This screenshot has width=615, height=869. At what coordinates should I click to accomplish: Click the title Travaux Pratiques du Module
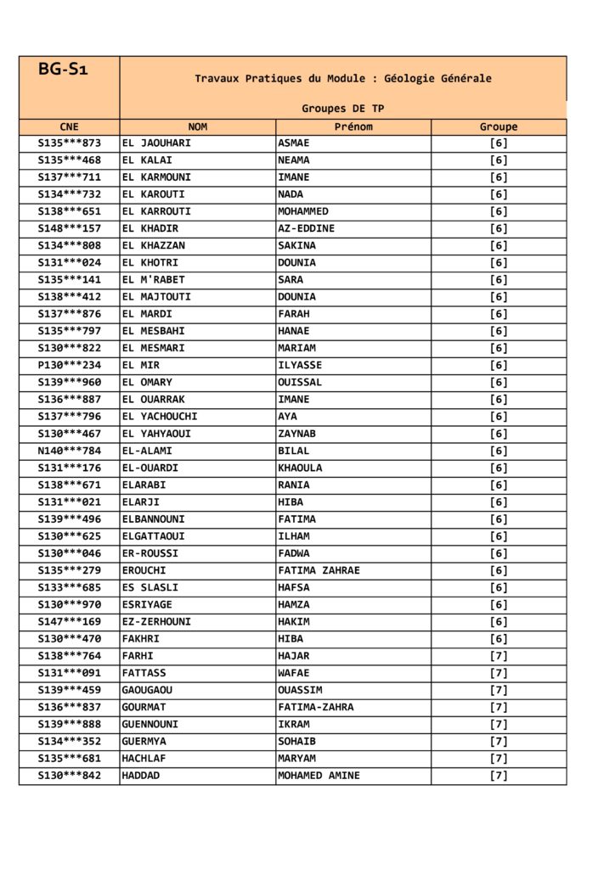point(342,78)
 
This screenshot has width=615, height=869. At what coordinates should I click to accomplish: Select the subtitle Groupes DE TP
point(342,109)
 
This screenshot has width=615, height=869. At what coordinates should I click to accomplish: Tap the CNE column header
point(69,126)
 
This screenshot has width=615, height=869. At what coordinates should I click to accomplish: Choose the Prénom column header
point(353,126)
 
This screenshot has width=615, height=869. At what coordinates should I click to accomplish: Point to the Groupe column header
point(498,126)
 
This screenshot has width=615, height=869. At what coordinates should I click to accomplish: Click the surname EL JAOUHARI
point(156,143)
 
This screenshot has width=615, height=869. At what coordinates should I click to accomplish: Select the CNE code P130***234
point(69,366)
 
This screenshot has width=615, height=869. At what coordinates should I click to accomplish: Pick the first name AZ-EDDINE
point(306,228)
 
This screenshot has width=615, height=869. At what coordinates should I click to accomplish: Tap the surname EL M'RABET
point(153,280)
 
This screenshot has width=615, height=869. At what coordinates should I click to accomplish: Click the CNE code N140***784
point(69,451)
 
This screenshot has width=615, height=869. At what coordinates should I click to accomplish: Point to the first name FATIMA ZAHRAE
point(319,570)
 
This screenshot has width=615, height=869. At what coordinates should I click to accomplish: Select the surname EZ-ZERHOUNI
point(156,622)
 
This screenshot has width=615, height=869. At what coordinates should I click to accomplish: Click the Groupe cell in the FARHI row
point(498,656)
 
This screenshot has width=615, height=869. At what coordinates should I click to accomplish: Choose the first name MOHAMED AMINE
point(319,776)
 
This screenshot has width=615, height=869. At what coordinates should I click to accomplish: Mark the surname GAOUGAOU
point(147,690)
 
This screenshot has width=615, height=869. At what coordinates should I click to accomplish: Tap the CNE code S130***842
point(69,776)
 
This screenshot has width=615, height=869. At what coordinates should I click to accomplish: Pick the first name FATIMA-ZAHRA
point(315,707)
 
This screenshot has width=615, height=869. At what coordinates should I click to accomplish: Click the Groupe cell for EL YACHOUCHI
point(498,417)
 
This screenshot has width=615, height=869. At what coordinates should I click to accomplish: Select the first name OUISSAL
point(300,383)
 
